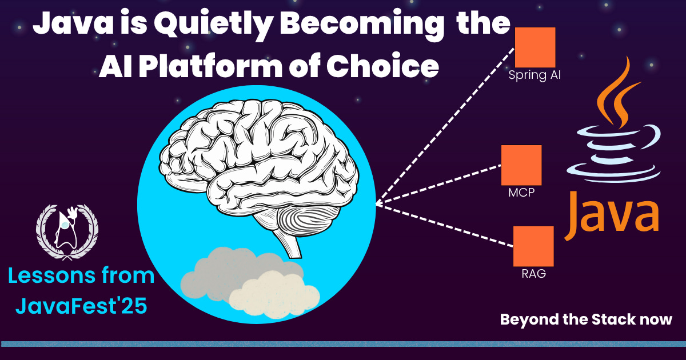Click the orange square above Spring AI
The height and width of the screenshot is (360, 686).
(535, 47)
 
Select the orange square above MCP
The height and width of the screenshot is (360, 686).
(521, 165)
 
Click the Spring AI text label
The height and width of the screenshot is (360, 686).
(535, 75)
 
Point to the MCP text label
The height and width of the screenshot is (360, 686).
(521, 193)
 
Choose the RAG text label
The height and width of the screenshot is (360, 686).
(533, 273)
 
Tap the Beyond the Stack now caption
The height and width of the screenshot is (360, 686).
(586, 319)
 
